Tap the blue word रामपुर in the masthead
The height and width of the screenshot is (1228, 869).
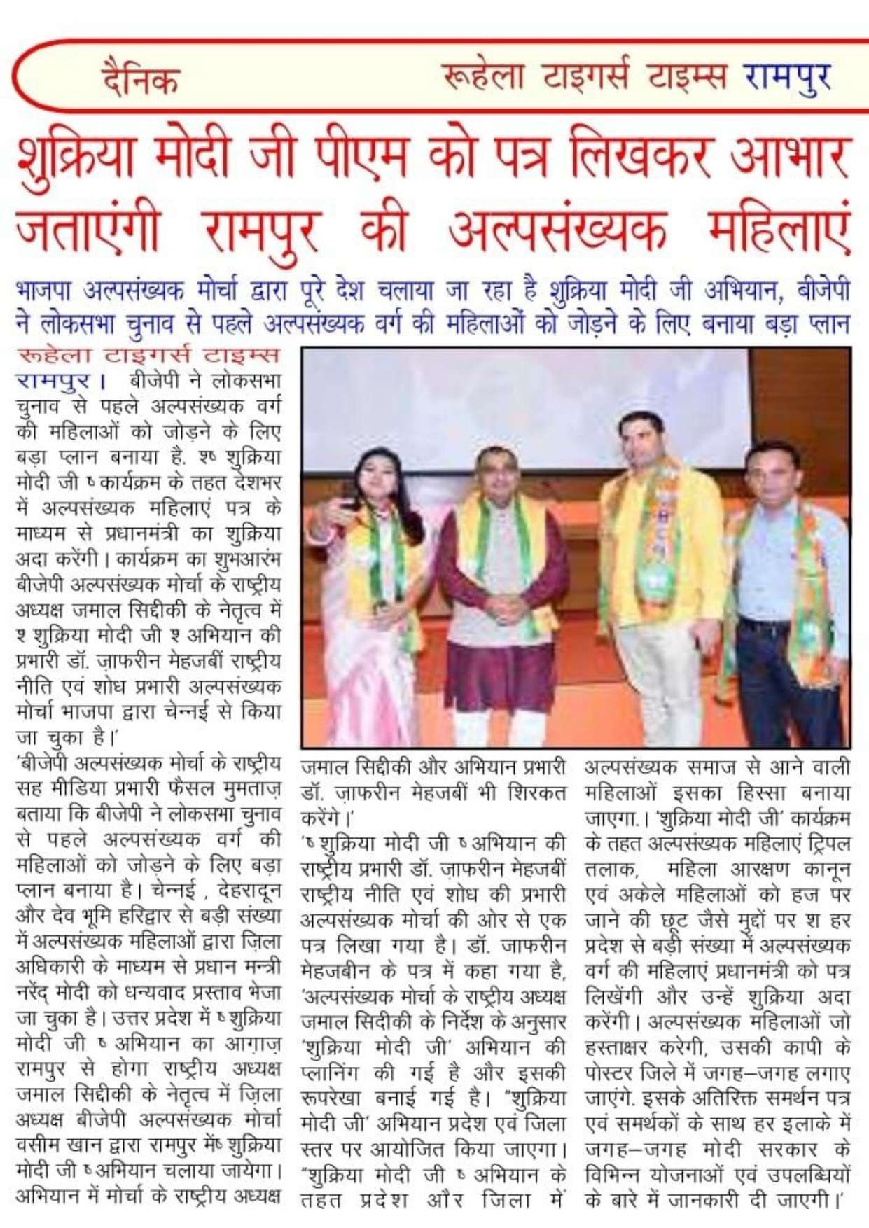tap(788, 76)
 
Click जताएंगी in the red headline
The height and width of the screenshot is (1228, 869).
tap(88, 231)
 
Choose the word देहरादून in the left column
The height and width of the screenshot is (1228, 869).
tap(249, 891)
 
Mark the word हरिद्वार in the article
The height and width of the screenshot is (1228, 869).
tap(156, 916)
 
